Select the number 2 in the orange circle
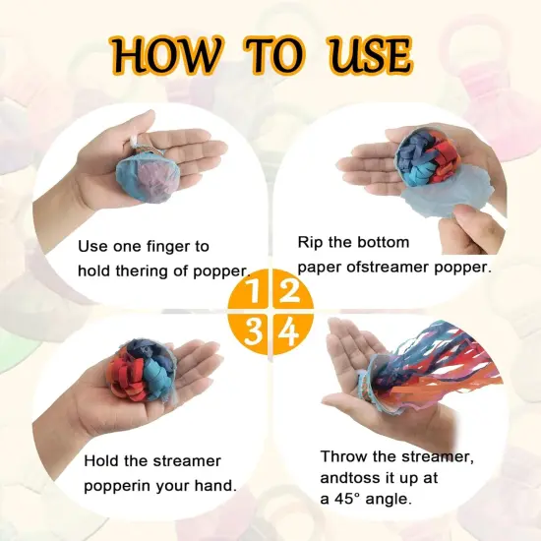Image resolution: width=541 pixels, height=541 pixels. [288, 291]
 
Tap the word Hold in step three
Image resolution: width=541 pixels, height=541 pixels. [102, 460]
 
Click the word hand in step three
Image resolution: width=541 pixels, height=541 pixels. [215, 486]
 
